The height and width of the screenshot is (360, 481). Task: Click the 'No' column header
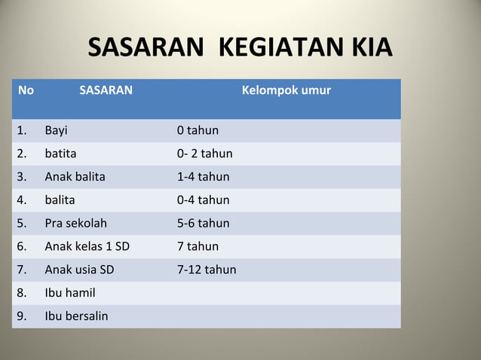pyautogui.click(x=26, y=91)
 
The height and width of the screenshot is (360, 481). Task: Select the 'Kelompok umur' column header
pyautogui.click(x=286, y=91)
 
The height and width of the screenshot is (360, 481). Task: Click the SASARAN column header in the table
pyautogui.click(x=106, y=91)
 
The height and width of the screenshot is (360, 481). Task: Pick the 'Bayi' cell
pyautogui.click(x=56, y=131)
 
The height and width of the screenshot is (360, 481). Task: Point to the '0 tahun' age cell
pyautogui.click(x=198, y=131)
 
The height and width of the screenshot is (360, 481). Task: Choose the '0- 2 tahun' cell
pyautogui.click(x=204, y=154)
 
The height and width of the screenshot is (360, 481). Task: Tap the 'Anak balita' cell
pyautogui.click(x=75, y=177)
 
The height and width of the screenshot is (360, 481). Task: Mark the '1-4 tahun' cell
pyautogui.click(x=203, y=177)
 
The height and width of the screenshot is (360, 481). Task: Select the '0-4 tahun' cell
pyautogui.click(x=203, y=200)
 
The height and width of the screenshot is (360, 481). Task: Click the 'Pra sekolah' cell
pyautogui.click(x=75, y=223)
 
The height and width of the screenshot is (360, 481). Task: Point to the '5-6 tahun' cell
pyautogui.click(x=203, y=223)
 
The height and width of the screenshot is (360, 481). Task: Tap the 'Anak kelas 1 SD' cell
pyautogui.click(x=87, y=246)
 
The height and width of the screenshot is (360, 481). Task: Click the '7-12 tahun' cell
pyautogui.click(x=207, y=270)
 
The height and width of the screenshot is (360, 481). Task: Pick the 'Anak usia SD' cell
pyautogui.click(x=79, y=270)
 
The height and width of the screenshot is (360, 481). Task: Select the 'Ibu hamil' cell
pyautogui.click(x=70, y=292)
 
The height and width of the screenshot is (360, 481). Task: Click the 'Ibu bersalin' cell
pyautogui.click(x=76, y=316)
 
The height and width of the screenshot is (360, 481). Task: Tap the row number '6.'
pyautogui.click(x=23, y=246)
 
